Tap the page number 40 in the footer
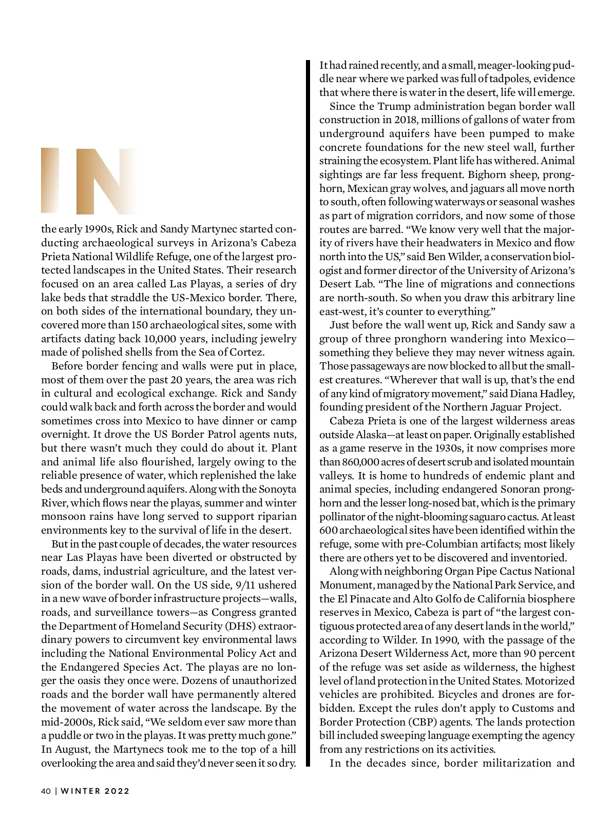coord(45,791)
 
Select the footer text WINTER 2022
coord(95,791)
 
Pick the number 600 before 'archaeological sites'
coord(328,530)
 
